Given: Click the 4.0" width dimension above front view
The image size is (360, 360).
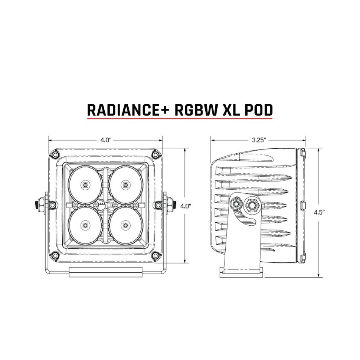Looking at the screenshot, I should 106,140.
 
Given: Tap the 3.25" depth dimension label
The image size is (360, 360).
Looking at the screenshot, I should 258,140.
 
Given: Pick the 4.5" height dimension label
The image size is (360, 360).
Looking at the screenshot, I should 319,212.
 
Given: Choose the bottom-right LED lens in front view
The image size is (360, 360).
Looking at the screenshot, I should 125,224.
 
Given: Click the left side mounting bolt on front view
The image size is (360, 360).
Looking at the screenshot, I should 38,204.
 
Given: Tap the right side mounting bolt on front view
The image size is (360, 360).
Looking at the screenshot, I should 172,204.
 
